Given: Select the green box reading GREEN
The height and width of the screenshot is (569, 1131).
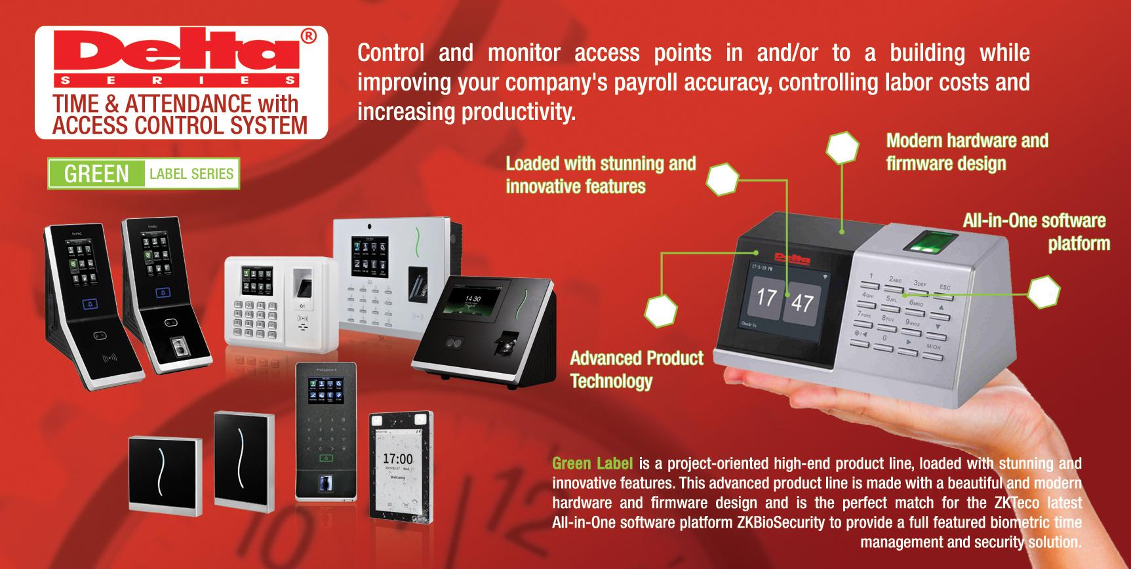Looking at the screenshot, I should (x=96, y=174).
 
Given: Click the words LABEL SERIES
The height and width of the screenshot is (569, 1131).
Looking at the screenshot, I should (x=191, y=174).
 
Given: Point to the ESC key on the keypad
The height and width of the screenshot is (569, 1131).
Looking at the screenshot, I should (x=945, y=287).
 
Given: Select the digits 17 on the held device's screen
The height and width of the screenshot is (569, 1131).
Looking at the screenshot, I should (x=766, y=298).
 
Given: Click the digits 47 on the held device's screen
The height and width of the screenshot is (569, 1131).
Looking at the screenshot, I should (x=802, y=302).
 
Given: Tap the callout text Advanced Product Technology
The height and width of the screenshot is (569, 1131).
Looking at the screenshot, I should (x=636, y=369).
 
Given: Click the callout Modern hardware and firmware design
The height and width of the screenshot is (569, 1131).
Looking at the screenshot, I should (x=966, y=151).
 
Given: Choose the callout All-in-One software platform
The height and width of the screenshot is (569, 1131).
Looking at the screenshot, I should (x=1036, y=231).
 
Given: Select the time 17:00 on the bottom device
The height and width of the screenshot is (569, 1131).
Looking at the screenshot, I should (x=397, y=459).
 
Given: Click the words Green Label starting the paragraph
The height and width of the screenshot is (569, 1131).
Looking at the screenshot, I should (x=592, y=464).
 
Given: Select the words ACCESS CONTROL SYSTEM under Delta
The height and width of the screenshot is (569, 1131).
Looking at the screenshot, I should (x=180, y=125).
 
